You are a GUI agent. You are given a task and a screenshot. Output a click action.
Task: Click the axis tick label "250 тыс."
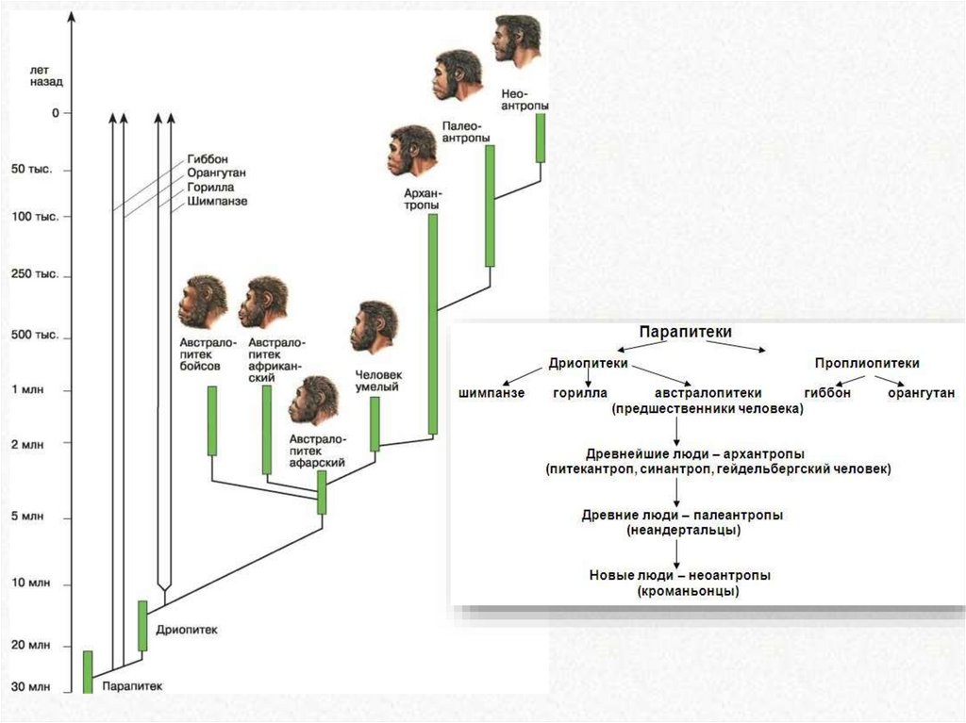pos(37,274)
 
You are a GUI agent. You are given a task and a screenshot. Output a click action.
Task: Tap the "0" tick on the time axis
pos(56,113)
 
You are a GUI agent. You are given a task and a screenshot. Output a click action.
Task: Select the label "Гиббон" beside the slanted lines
pos(208,159)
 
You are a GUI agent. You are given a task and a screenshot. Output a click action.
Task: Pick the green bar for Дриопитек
pos(143,626)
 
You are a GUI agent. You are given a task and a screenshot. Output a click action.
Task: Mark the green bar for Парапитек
pos(88,672)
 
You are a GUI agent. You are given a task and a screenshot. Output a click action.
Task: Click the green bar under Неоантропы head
pos(541,139)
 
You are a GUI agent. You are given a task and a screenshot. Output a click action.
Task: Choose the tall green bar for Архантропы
pos(433,323)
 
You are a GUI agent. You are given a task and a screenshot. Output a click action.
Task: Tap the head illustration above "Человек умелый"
pos(375,326)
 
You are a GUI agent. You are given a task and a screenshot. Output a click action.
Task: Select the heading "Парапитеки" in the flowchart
pos(685,332)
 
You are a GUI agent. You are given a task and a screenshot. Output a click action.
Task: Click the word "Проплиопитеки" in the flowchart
pos(867,363)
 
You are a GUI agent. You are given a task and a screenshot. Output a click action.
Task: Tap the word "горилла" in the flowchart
pos(579,393)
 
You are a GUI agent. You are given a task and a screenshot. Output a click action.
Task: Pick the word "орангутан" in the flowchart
pos(921,393)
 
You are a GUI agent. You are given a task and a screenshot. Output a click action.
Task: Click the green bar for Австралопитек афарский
pos(322,492)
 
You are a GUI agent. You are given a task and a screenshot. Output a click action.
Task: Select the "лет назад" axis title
pos(45,76)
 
